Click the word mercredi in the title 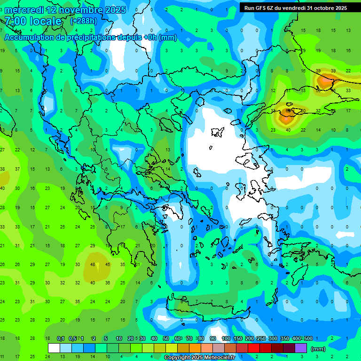coord(24,10)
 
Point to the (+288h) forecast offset coord(84,21)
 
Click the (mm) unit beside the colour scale coord(318,349)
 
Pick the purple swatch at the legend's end coord(301,348)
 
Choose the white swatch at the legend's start coord(54,348)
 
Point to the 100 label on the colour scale coord(226,338)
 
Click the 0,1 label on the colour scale coord(61,338)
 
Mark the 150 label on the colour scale coord(238,338)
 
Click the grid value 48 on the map coord(93,264)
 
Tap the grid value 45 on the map coord(108,264)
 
